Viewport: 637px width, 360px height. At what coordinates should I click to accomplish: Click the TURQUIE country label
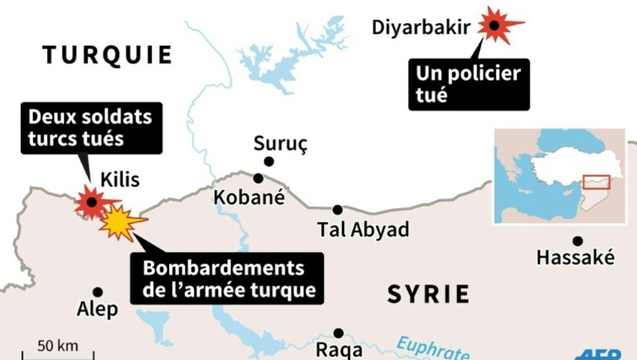point(107,55)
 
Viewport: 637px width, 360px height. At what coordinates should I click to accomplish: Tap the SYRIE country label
point(428,294)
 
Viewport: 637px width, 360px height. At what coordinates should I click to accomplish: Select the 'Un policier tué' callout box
point(469,84)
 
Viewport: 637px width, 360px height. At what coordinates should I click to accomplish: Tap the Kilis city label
point(119,180)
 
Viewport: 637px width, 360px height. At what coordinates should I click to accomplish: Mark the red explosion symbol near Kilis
point(91,202)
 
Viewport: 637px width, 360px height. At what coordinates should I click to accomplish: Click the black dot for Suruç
point(269,162)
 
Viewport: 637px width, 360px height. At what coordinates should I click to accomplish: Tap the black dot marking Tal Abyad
point(338,210)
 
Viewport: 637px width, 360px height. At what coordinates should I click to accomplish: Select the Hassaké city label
point(575,257)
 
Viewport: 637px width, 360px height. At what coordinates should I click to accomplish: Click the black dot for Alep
point(98,292)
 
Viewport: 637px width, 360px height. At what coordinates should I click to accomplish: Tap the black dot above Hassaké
point(577,240)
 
